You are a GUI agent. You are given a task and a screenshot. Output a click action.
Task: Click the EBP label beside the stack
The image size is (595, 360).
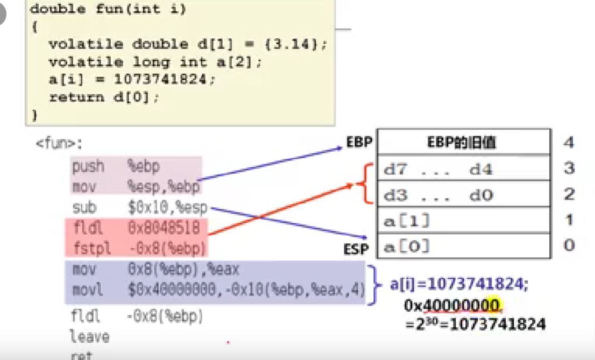[359, 143]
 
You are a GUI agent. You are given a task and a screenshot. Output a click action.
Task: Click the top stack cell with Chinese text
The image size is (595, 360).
[463, 143]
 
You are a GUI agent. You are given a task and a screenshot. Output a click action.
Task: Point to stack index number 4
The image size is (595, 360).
[569, 143]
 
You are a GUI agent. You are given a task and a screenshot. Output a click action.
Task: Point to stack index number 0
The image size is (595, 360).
[569, 246]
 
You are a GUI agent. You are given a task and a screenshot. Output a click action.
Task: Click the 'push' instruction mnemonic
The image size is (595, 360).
[88, 166]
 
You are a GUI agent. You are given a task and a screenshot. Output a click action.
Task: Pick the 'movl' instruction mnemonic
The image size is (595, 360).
[87, 291]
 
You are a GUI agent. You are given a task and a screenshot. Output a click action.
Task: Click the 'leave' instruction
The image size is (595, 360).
[89, 337]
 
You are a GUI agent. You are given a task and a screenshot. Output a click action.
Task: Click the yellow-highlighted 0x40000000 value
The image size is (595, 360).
[452, 306]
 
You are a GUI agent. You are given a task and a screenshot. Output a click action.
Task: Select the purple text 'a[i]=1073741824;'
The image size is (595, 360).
[459, 285]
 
